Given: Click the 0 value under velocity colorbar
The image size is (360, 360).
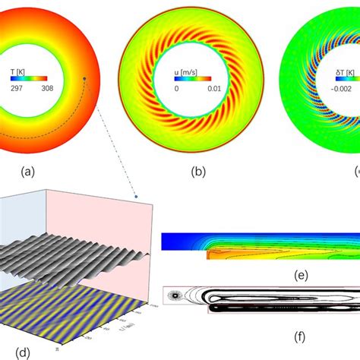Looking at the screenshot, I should (x=177, y=88).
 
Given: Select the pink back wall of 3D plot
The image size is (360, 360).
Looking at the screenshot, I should (x=91, y=220).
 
